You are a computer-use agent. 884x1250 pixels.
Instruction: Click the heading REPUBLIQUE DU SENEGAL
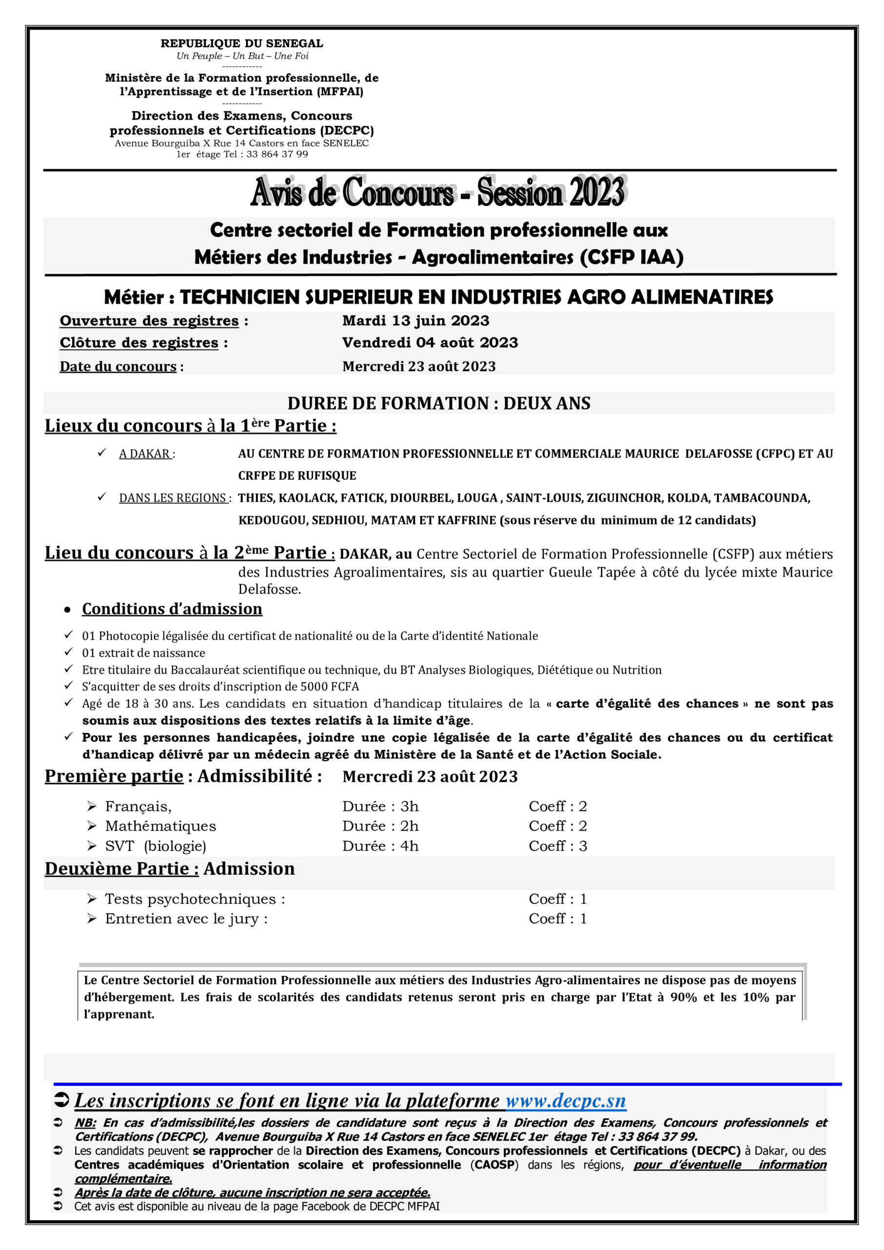pos(242,43)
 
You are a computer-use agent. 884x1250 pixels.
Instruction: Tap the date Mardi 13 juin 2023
pos(416,321)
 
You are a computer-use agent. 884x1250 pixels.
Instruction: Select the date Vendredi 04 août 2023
pos(430,342)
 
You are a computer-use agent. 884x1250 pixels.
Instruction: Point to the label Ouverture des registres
pos(149,321)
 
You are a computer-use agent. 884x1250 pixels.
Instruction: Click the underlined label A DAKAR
pos(145,454)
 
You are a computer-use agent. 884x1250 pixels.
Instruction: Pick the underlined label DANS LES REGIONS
pos(173,498)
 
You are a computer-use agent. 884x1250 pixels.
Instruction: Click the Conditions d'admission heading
pos(172,609)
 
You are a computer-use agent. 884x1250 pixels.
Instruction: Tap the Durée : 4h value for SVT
pos(380,846)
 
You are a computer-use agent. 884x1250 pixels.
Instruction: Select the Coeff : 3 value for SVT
pos(558,846)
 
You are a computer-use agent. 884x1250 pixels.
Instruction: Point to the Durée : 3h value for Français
pos(380,806)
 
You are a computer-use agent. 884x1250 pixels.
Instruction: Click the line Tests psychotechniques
pos(195,899)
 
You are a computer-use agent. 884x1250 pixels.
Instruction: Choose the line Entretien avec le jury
pos(186,919)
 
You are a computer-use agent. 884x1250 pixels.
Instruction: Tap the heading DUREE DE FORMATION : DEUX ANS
pos(439,403)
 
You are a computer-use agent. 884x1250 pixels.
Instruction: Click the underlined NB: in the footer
pos(85,1123)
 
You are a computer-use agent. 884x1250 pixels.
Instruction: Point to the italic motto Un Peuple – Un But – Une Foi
pos(242,56)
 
